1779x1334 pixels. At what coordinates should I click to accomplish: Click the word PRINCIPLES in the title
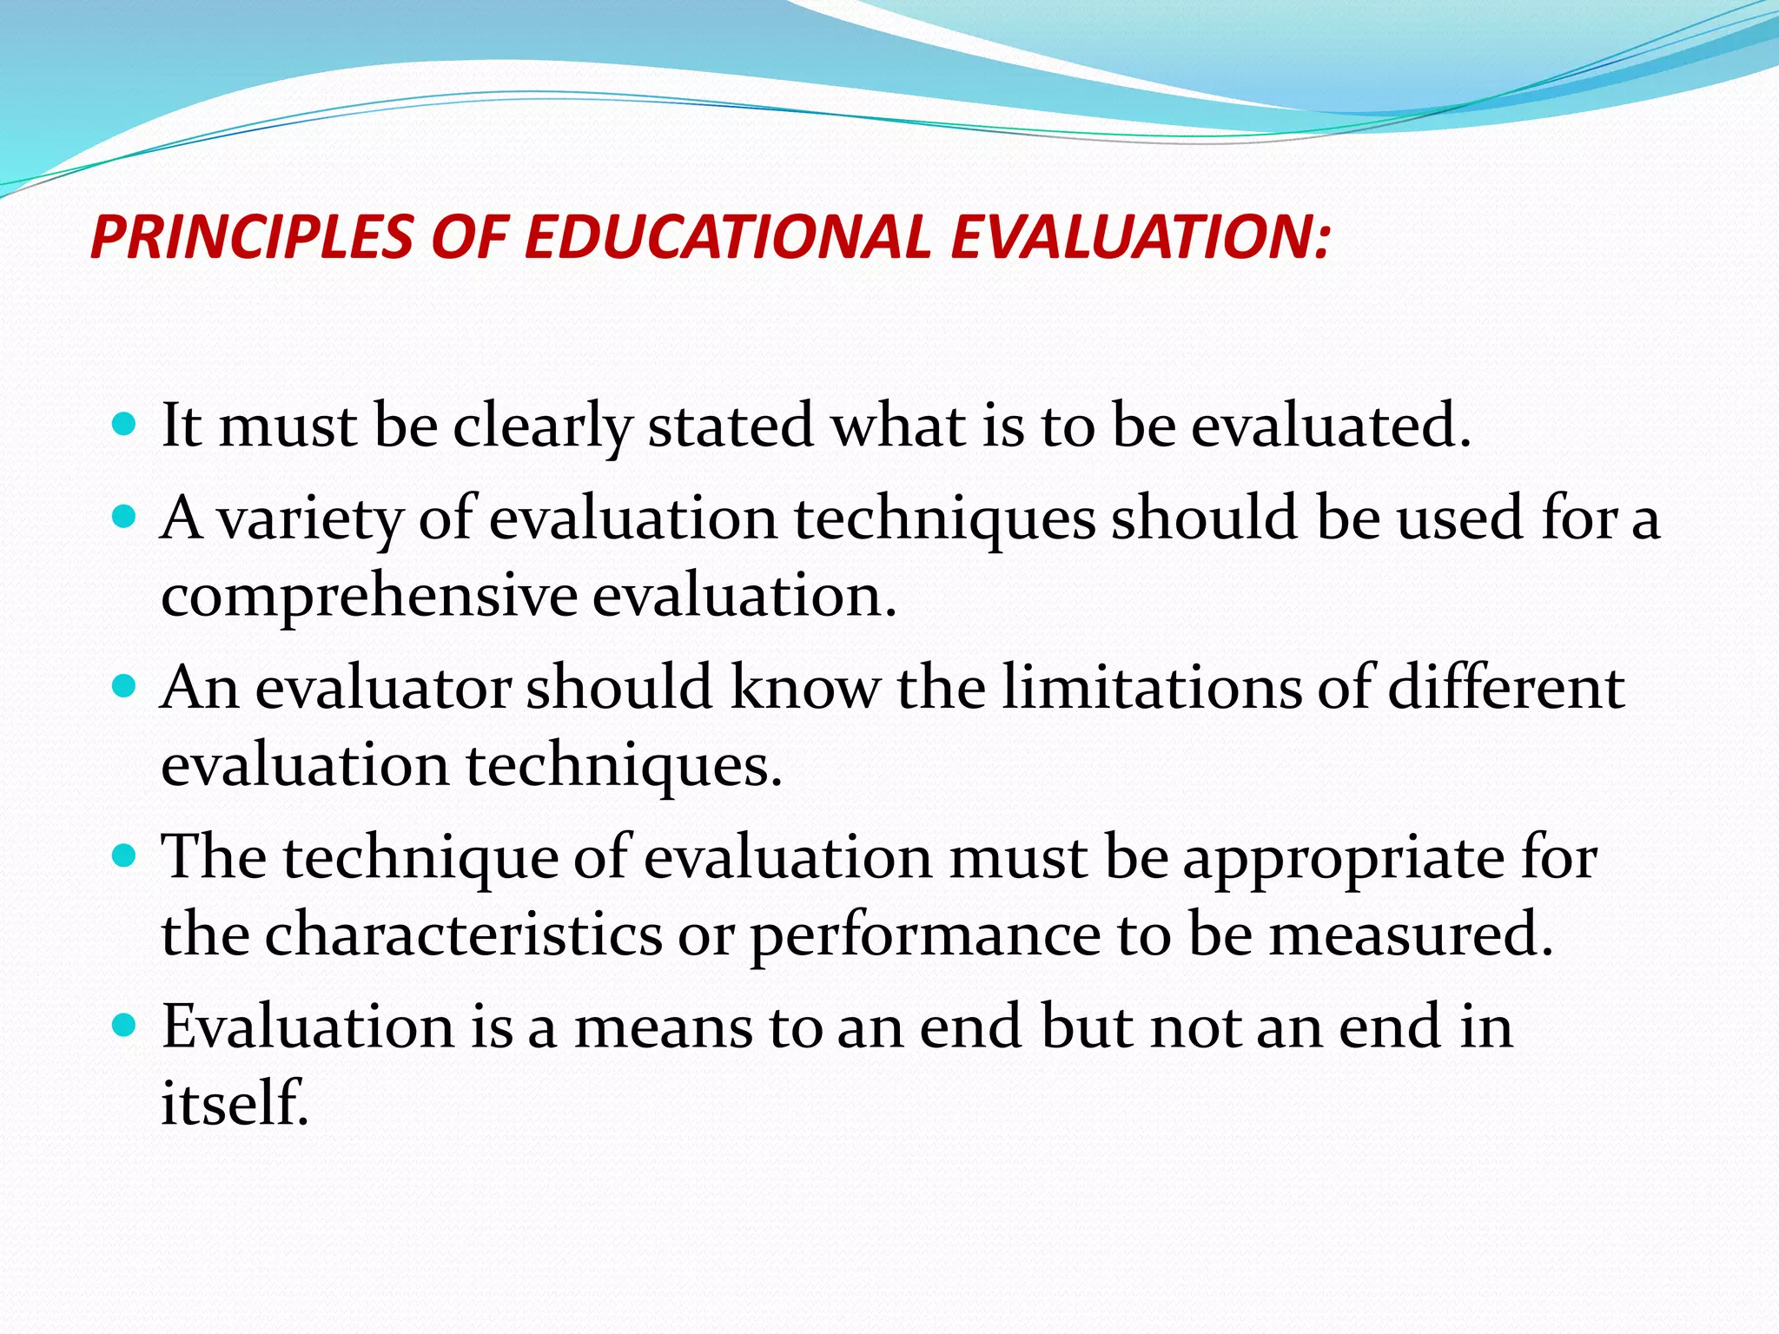[x=252, y=237]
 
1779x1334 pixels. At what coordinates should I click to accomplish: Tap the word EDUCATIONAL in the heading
[x=728, y=237]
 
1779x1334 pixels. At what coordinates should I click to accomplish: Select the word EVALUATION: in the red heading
[x=1140, y=237]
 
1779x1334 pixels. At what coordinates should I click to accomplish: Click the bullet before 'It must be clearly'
[x=125, y=425]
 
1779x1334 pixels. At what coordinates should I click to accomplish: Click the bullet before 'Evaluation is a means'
[x=125, y=1026]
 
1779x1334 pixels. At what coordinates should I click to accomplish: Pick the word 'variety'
[x=310, y=519]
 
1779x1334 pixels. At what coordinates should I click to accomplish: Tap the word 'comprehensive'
[x=369, y=598]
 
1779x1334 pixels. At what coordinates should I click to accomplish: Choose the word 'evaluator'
[x=383, y=688]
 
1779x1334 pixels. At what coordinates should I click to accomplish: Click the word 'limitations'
[x=1151, y=688]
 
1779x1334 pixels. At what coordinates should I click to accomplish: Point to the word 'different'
[x=1505, y=688]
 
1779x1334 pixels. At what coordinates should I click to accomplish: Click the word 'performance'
[x=926, y=936]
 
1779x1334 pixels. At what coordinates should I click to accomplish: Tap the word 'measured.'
[x=1412, y=934]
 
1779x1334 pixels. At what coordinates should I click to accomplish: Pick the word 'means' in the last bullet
[x=664, y=1027]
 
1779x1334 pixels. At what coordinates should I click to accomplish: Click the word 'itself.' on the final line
[x=235, y=1103]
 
